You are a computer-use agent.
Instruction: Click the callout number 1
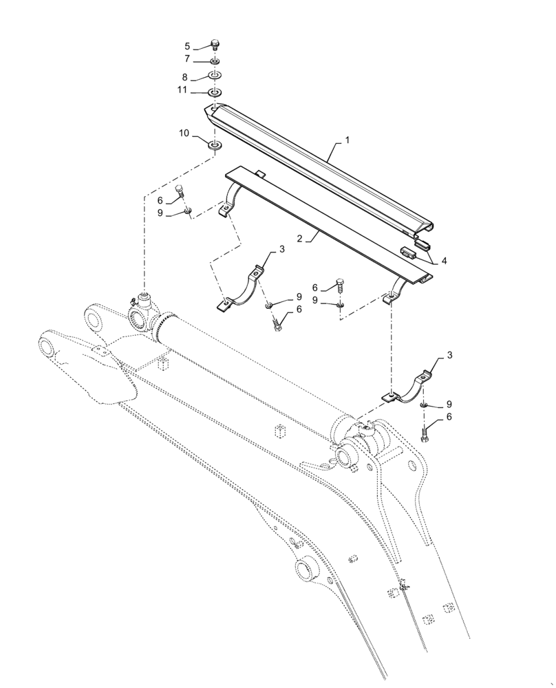coord(347,140)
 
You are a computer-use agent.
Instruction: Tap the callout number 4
coord(444,261)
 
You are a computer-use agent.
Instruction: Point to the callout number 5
coord(186,47)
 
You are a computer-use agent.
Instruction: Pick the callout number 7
coord(186,59)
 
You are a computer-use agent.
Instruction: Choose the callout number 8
coord(186,78)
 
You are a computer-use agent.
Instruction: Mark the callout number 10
coord(185,133)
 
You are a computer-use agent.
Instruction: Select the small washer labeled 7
coord(215,62)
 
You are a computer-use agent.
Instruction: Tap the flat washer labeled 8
coord(215,76)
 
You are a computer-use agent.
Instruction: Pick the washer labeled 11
coord(215,92)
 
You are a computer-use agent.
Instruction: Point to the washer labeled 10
coord(215,144)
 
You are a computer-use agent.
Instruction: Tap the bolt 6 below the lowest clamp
coord(425,434)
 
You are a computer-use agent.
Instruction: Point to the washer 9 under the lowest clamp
coord(425,405)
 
